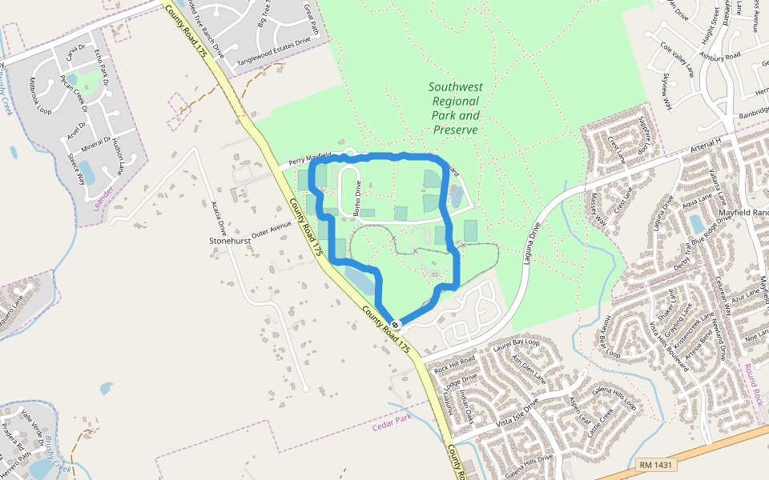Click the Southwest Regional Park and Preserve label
[x=455, y=108]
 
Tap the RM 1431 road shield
[x=657, y=465]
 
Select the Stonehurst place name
[x=230, y=240]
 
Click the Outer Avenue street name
[x=272, y=233]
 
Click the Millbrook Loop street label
[x=41, y=96]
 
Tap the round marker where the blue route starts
[x=396, y=325]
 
